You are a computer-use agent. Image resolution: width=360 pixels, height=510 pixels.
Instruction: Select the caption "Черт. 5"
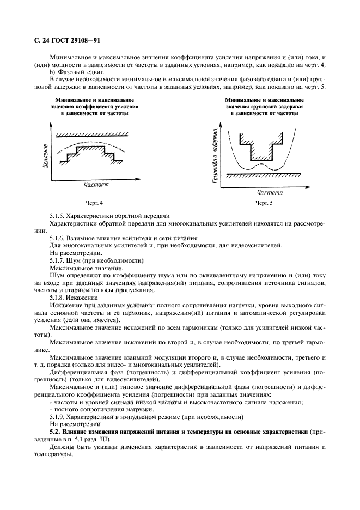pos(264,202)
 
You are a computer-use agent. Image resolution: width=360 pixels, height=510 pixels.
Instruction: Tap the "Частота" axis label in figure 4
pos(96,185)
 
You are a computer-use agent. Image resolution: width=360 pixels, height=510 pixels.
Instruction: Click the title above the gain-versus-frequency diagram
pos(95,107)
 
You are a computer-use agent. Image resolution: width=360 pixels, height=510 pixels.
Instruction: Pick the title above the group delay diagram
pos(264,107)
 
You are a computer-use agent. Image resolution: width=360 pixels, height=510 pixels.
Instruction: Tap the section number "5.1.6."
pos(58,238)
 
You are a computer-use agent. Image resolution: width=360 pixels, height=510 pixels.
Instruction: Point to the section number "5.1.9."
pos(58,416)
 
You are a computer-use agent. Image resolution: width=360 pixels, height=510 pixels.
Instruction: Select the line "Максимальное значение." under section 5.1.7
pos(86,268)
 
